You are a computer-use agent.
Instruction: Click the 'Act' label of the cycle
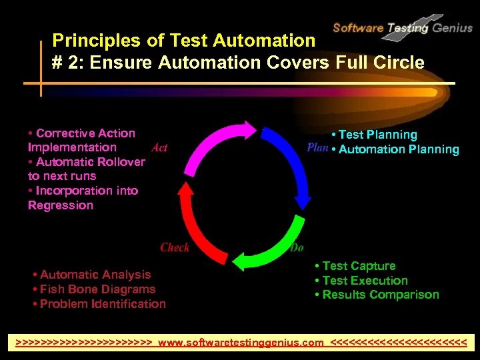coord(159,148)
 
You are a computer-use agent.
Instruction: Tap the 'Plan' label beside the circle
coord(317,147)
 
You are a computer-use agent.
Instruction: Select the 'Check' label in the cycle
coord(175,247)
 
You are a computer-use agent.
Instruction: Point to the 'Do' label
coord(297,247)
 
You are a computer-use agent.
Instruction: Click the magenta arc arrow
coord(213,143)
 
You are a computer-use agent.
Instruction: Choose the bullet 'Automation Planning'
coord(399,149)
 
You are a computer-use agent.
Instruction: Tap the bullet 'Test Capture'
coord(359,266)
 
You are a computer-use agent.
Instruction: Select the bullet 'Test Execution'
coord(365,281)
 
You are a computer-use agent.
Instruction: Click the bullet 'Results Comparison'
coord(381,295)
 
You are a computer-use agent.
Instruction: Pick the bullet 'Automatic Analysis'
coord(95,275)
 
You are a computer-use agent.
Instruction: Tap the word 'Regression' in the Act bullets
coord(61,205)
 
